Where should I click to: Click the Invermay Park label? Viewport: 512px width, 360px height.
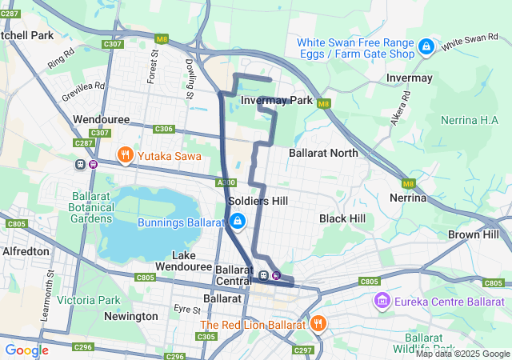click(276, 101)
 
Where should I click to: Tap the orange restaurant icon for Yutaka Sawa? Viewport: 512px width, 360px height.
click(125, 154)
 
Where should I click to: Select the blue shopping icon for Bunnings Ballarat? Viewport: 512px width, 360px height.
click(237, 221)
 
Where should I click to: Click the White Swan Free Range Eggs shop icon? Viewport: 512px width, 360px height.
click(426, 47)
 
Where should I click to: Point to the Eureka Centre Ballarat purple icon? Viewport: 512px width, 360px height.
click(382, 302)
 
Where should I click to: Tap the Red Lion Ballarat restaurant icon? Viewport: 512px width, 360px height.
click(318, 324)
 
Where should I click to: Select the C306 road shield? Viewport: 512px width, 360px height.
click(163, 129)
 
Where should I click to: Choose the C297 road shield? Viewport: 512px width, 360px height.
click(303, 350)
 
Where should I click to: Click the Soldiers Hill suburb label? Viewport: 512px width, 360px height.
click(258, 202)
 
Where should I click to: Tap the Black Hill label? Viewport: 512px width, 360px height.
click(342, 218)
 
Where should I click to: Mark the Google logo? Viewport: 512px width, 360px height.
click(26, 350)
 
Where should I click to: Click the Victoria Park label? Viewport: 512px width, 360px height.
click(88, 301)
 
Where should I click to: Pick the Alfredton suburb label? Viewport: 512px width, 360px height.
click(26, 250)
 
